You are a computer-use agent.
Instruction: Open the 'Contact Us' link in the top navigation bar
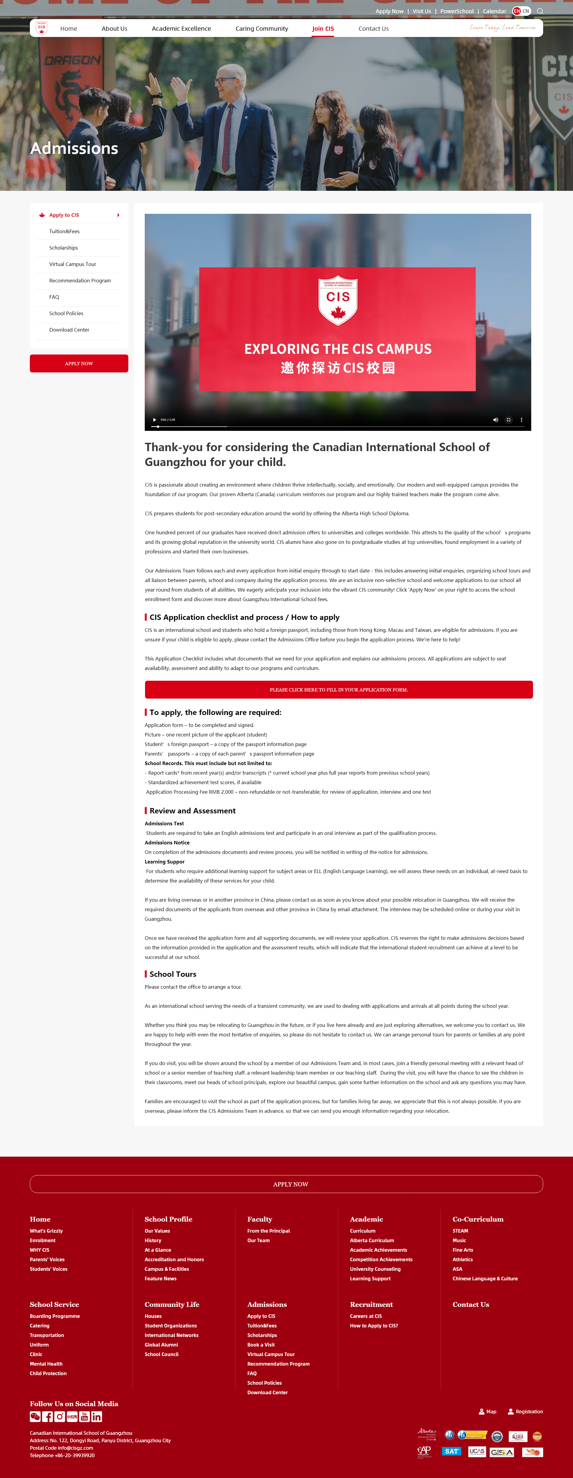coord(373,29)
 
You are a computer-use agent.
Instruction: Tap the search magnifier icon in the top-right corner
coord(540,11)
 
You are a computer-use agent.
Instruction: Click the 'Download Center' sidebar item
coord(69,330)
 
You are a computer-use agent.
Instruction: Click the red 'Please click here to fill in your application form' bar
coord(339,690)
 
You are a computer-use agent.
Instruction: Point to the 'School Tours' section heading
coord(173,974)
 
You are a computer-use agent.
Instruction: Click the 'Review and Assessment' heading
coord(192,811)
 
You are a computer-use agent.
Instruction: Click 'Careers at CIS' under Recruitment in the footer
coord(366,1316)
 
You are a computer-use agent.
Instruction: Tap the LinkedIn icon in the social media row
coord(96,1417)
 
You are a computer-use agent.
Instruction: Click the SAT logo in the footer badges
coord(451,1451)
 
